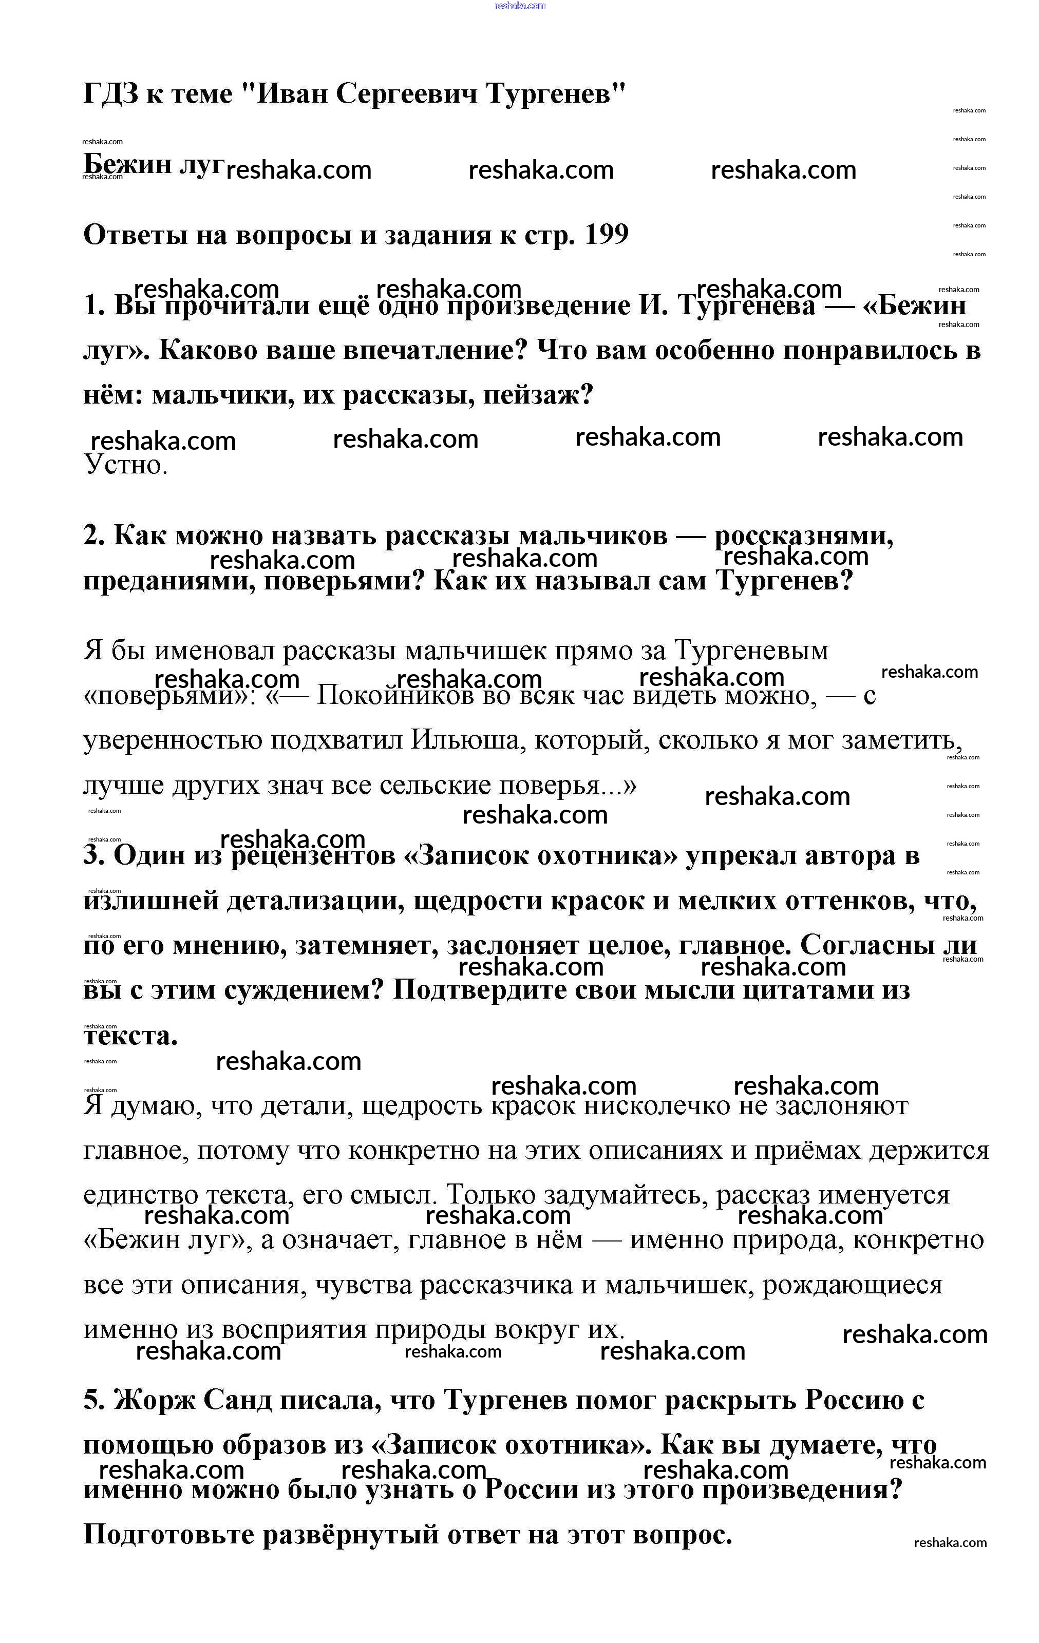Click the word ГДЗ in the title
tap(110, 93)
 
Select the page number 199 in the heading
tap(606, 235)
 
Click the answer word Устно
tap(126, 465)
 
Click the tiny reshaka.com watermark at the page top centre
tap(520, 6)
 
